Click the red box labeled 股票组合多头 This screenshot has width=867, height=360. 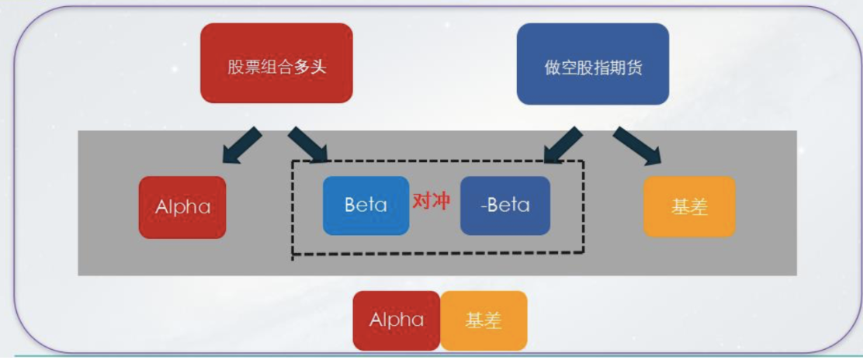(276, 63)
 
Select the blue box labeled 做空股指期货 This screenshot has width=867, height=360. (593, 64)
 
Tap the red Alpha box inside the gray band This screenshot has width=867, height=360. (182, 207)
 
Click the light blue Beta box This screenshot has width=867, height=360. (366, 206)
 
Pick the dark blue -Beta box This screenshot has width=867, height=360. (505, 206)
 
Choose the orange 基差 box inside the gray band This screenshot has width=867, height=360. (689, 207)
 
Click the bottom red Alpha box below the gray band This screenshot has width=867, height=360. (397, 320)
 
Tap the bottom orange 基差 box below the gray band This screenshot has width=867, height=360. (484, 320)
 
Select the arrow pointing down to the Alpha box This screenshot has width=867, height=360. (241, 145)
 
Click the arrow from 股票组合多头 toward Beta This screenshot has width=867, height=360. (308, 145)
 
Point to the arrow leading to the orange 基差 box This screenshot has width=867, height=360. (636, 146)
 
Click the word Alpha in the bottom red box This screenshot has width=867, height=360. (397, 320)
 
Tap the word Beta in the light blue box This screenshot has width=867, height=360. (366, 205)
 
